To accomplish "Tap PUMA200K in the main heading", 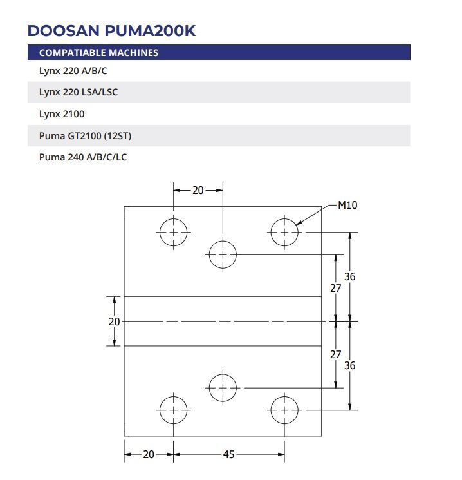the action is click(x=150, y=31).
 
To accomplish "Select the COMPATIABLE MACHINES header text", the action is click(x=98, y=53).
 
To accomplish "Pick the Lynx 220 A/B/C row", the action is click(x=73, y=71).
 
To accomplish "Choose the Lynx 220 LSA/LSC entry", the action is click(x=79, y=92).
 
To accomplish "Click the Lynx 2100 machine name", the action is click(x=62, y=114).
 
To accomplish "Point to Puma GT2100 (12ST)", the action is click(x=86, y=135).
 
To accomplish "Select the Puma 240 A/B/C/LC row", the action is click(x=83, y=157).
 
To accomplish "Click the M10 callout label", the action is click(x=347, y=205).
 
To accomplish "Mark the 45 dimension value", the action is click(x=228, y=454).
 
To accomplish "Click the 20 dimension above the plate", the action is click(x=198, y=191).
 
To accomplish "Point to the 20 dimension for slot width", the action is click(x=114, y=322).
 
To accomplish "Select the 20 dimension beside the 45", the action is click(x=149, y=454).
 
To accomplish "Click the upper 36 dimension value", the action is click(x=350, y=277).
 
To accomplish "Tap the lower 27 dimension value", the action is click(x=335, y=354).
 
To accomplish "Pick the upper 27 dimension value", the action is click(x=335, y=288).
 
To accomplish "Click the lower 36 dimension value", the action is click(x=350, y=365).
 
